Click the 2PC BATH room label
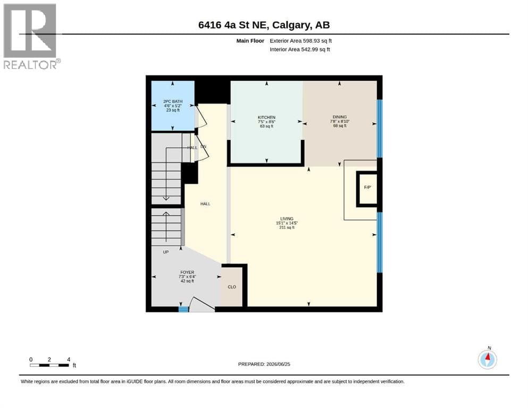coord(173,101)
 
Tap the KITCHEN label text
coord(266,117)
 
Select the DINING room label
coord(339,117)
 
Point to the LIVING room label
coord(287,219)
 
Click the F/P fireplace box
coord(367,189)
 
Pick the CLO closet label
coord(232,287)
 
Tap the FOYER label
coord(187,272)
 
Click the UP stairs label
coord(166,252)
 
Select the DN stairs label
coord(204,147)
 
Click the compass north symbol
coord(487,359)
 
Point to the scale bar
coord(49,365)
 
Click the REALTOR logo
coord(31,36)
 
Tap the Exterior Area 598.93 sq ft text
coord(301,41)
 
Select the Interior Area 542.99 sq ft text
coord(300,49)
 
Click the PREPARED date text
coord(264,364)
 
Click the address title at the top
coord(264,25)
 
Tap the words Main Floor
coord(250,41)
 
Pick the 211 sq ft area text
coord(287,227)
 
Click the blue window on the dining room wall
coord(380,129)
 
